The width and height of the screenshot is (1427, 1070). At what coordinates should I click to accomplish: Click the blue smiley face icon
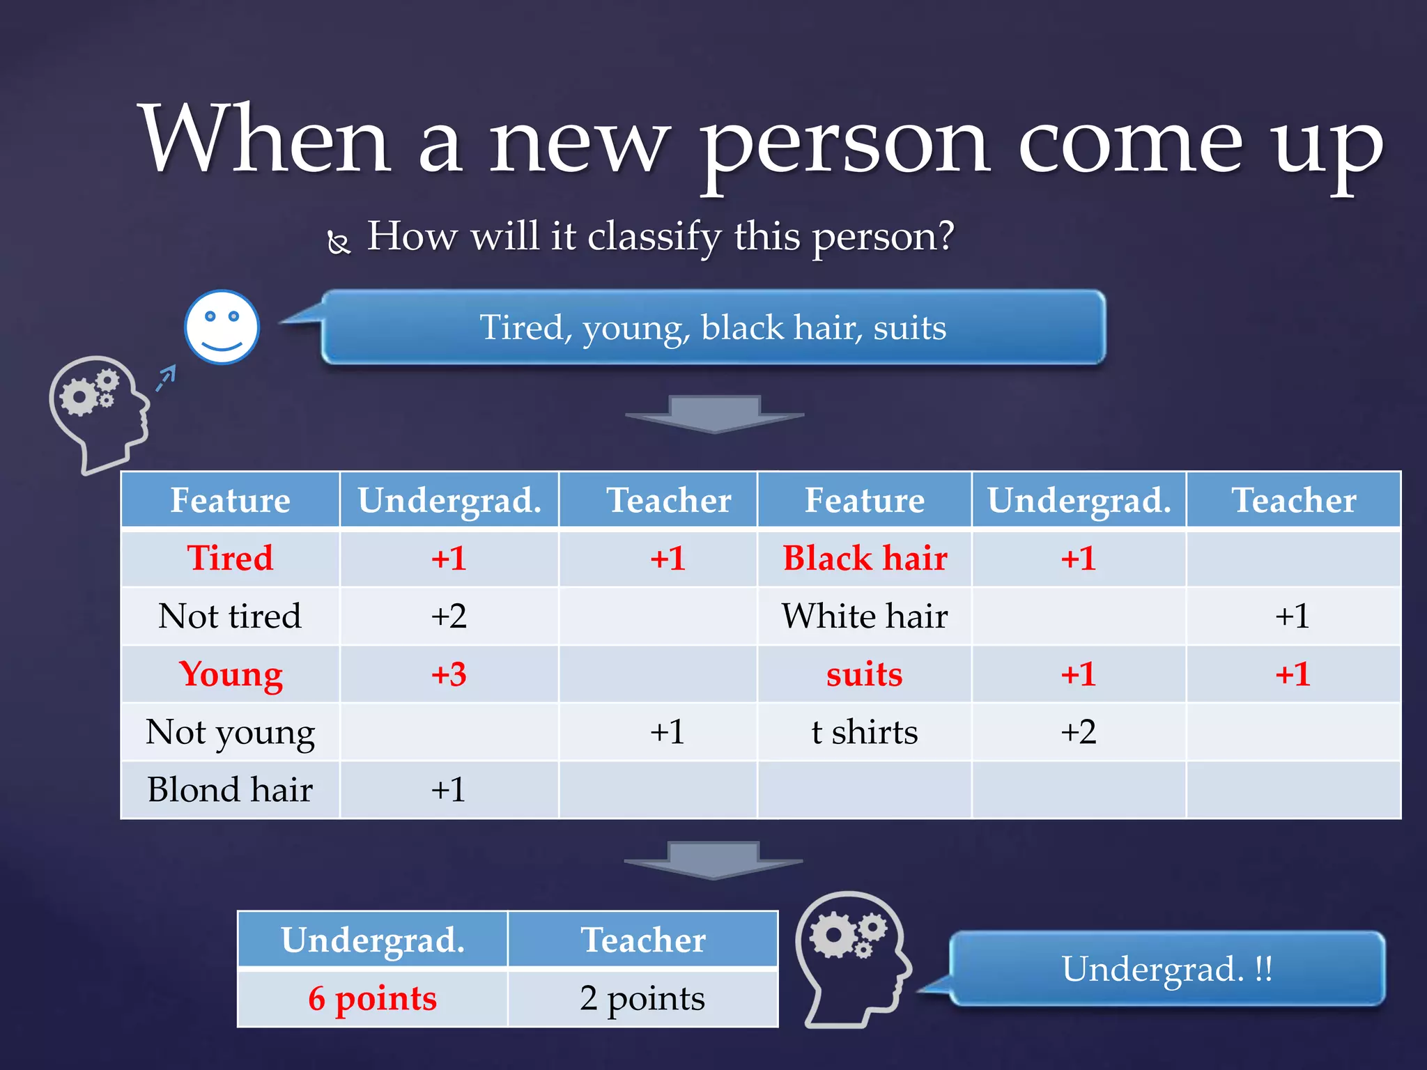coord(222,327)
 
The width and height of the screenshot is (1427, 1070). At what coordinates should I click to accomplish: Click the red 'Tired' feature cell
coord(230,558)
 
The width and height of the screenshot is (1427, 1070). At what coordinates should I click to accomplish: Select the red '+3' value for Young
coord(449,674)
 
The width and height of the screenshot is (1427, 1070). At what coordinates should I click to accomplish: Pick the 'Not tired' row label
coord(230,616)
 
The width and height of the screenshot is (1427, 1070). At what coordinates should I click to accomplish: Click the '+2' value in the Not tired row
coord(449,616)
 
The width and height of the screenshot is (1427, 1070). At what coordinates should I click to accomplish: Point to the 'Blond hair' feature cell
coord(230,790)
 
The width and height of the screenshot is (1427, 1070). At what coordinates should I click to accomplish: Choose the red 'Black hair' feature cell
coord(865,558)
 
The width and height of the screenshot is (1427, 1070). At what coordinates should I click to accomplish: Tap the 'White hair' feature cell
coord(865,616)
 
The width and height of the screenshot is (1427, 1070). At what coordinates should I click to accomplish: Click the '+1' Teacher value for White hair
coord(1293,616)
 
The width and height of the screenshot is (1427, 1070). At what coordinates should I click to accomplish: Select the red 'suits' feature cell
coord(865,674)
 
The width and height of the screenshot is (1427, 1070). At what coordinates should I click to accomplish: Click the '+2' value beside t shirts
coord(1079,732)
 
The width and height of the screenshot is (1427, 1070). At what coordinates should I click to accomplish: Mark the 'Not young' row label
coord(230,732)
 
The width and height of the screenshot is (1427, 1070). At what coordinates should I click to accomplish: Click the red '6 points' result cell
coord(373,998)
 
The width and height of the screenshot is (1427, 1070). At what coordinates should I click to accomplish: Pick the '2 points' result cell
coord(642,998)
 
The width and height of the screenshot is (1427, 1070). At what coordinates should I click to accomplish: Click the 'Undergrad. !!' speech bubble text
coord(1167,969)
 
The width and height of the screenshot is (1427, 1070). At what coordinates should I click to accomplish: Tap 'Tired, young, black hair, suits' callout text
coord(713,327)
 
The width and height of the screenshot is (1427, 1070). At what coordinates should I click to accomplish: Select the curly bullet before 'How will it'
coord(339,242)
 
